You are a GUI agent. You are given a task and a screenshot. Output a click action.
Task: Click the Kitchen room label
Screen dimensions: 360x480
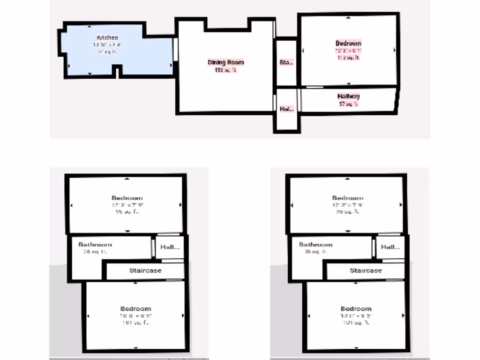[x=107, y=37]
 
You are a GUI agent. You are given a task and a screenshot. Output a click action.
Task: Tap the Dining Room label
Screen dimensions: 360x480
[x=226, y=62]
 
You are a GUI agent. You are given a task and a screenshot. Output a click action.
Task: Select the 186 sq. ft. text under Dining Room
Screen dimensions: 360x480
[x=225, y=70]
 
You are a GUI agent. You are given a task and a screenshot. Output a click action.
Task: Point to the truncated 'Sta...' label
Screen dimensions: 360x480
[x=286, y=62]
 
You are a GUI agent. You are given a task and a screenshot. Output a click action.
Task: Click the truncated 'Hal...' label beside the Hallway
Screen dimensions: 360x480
[x=286, y=109]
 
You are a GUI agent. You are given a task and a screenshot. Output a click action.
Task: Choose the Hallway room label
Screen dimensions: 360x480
[x=349, y=97]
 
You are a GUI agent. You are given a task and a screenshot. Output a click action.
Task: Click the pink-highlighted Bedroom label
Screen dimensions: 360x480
[x=348, y=44]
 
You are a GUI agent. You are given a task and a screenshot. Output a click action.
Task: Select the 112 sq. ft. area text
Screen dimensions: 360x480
[x=348, y=58]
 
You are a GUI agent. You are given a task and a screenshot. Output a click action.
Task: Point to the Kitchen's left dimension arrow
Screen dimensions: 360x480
[x=69, y=66]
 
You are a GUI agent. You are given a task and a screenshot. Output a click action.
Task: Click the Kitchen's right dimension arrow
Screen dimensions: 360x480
[x=170, y=66]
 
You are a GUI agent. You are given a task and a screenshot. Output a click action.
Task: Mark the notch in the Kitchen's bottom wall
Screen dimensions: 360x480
[x=117, y=71]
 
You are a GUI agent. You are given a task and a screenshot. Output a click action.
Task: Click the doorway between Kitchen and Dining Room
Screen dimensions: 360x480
[x=176, y=49]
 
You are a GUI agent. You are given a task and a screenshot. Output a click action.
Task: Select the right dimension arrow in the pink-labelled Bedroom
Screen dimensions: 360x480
[x=394, y=50]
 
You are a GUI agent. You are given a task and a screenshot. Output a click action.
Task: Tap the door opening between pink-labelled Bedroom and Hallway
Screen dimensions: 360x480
[x=314, y=87]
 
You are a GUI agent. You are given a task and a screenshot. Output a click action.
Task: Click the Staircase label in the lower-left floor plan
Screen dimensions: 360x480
[x=145, y=270]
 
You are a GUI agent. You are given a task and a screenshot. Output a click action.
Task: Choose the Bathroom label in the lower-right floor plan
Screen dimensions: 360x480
[x=315, y=245]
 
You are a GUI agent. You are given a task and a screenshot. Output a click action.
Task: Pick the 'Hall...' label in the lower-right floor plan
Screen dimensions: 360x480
[x=390, y=247]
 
